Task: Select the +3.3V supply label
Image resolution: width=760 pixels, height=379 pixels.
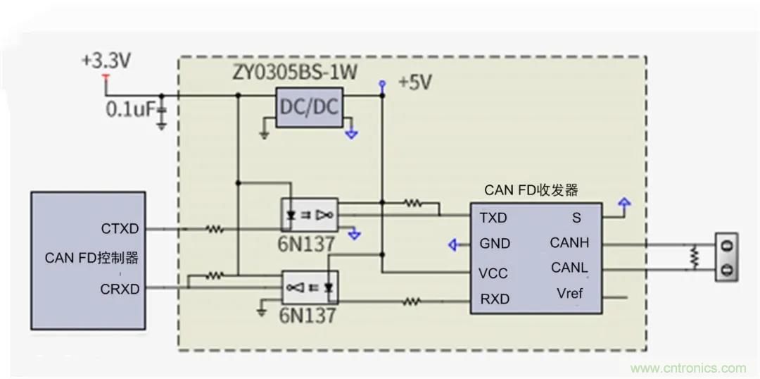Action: [x=106, y=61]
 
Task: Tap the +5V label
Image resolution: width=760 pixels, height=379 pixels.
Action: [x=415, y=82]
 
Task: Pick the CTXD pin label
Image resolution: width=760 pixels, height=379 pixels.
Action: [x=120, y=229]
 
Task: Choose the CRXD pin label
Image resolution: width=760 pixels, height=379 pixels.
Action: [x=120, y=289]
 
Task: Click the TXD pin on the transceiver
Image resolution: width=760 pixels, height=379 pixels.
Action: [x=493, y=218]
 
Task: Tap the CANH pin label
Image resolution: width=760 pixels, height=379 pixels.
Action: [x=569, y=243]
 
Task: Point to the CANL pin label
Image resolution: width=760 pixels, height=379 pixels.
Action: [x=569, y=268]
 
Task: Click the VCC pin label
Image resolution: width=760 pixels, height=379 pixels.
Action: [x=493, y=273]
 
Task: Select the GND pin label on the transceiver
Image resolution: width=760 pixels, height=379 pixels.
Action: [x=494, y=244]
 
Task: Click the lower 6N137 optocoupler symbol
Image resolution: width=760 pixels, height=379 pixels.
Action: [x=310, y=287]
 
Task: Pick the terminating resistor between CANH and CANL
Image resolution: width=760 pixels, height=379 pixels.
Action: [x=695, y=256]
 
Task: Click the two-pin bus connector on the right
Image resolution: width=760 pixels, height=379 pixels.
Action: [x=728, y=257]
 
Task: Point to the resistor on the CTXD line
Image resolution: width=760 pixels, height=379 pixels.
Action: [x=214, y=229]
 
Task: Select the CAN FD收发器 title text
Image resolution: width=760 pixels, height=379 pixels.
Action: [x=531, y=190]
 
